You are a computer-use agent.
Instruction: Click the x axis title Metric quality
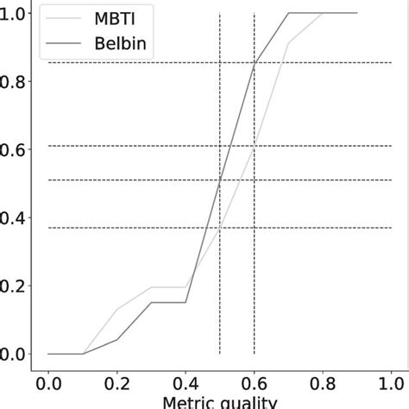(x=220, y=402)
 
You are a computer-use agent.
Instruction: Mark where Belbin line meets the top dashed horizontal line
(x=254, y=63)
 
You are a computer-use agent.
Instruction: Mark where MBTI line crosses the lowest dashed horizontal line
(x=220, y=228)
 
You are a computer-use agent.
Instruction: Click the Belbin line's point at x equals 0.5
(x=220, y=180)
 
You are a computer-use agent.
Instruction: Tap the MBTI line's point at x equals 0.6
(x=254, y=146)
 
